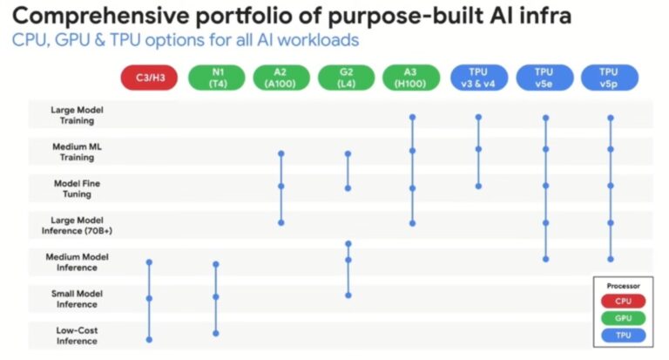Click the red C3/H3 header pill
tap(150, 78)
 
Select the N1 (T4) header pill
tap(215, 78)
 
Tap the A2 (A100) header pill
tap(280, 78)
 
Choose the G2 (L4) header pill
tap(347, 78)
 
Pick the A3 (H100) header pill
tap(412, 78)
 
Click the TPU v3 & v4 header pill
tap(478, 78)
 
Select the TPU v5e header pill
tap(544, 78)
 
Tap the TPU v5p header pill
tap(610, 78)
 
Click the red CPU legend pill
tap(622, 301)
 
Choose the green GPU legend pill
tap(622, 318)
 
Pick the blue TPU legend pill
tap(622, 336)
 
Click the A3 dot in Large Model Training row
tap(412, 116)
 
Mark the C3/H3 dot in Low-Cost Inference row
tap(150, 339)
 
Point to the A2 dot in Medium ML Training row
tap(280, 153)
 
